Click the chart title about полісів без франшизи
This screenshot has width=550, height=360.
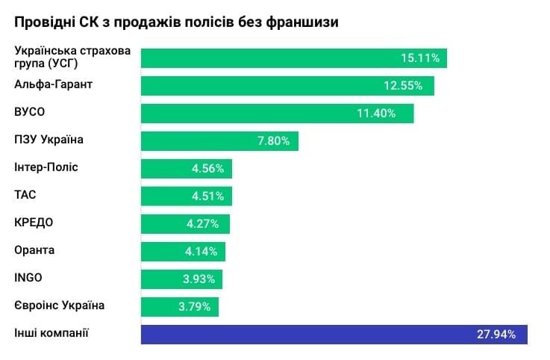click(x=177, y=22)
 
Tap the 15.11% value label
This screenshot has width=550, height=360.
click(x=422, y=58)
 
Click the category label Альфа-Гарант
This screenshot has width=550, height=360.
click(x=53, y=84)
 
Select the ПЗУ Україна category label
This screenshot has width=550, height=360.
click(x=49, y=140)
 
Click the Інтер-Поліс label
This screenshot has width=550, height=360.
click(x=46, y=167)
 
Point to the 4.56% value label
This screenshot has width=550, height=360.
click(x=207, y=168)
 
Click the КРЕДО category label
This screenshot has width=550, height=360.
click(x=34, y=223)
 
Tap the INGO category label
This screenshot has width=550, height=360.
click(x=28, y=278)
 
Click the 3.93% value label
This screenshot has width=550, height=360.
click(x=199, y=279)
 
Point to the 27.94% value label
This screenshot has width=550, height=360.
click(x=496, y=334)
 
